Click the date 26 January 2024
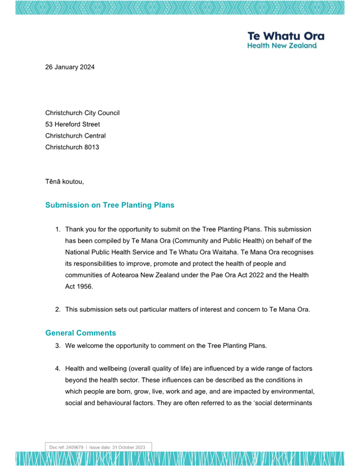click(70, 67)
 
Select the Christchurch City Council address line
click(82, 113)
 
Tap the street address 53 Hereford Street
click(73, 124)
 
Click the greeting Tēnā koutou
click(65, 181)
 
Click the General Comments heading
click(80, 333)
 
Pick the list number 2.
click(58, 309)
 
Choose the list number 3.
click(58, 345)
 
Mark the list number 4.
click(58, 369)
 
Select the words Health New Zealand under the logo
click(282, 46)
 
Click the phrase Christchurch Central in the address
click(75, 136)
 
